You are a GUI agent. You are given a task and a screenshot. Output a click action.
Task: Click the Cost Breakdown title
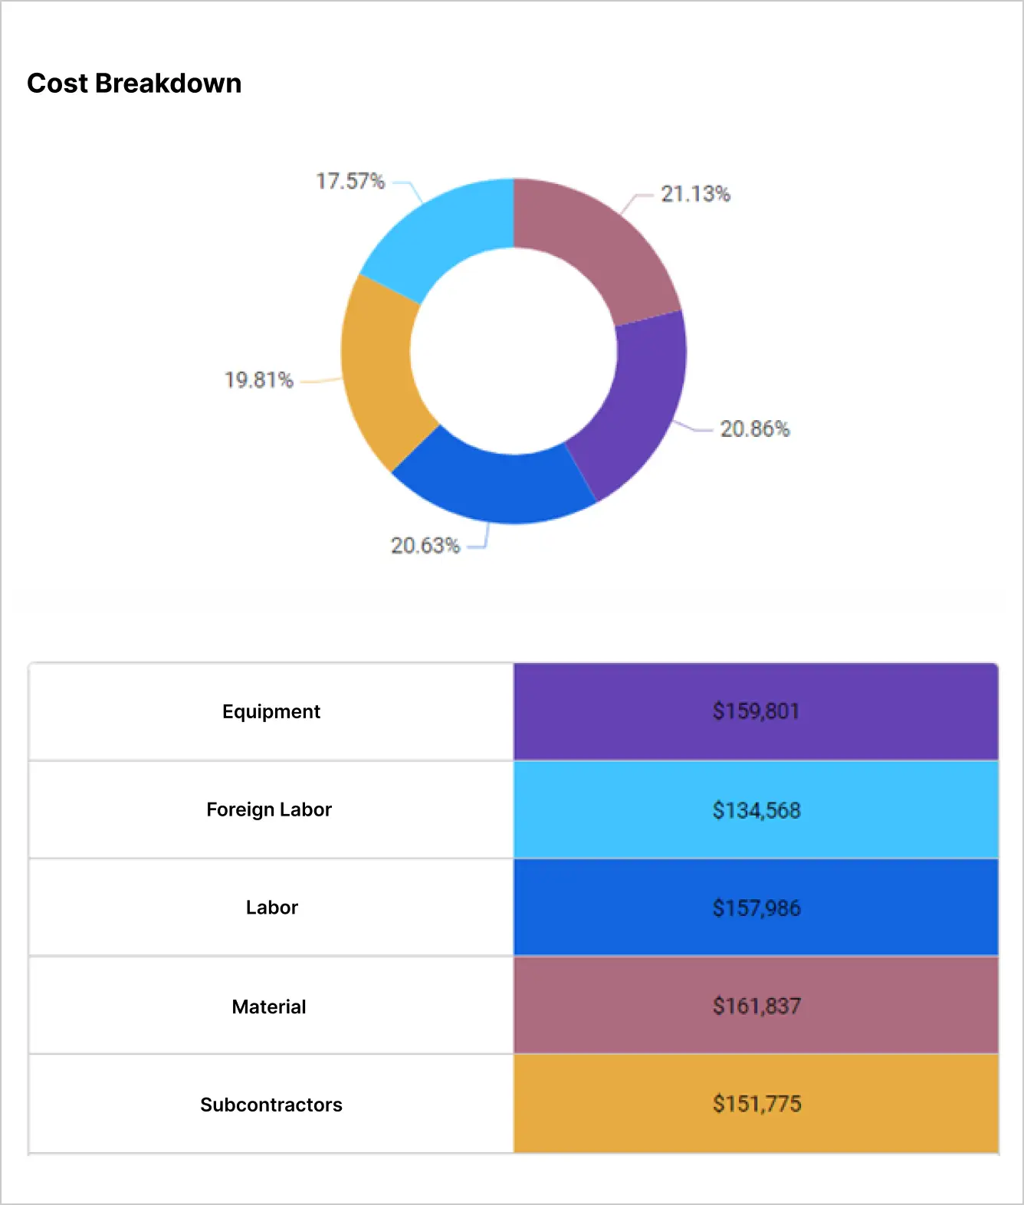tap(134, 83)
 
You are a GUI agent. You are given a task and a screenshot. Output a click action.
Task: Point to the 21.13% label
tap(695, 194)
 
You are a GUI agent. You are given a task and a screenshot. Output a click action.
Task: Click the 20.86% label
tap(754, 428)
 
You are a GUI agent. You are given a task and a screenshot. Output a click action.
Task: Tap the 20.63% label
tap(425, 545)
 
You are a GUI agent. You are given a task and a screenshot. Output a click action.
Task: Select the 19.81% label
tap(259, 380)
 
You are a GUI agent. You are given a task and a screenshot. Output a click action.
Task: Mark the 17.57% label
tap(350, 181)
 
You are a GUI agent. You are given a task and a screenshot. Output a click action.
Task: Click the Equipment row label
tap(271, 711)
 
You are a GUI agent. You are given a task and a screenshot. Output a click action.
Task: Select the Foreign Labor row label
tap(269, 809)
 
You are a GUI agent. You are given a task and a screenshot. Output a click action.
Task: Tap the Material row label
tap(269, 1006)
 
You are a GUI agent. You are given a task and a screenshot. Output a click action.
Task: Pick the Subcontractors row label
tap(271, 1105)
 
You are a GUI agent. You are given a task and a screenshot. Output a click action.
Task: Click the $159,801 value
tap(756, 711)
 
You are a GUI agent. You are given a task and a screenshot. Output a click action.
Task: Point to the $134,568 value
tap(756, 810)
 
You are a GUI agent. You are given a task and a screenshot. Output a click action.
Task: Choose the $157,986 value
tap(756, 908)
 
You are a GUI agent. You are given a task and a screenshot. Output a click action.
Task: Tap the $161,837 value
tap(756, 1006)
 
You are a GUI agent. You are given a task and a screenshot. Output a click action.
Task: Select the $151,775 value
tap(756, 1104)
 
